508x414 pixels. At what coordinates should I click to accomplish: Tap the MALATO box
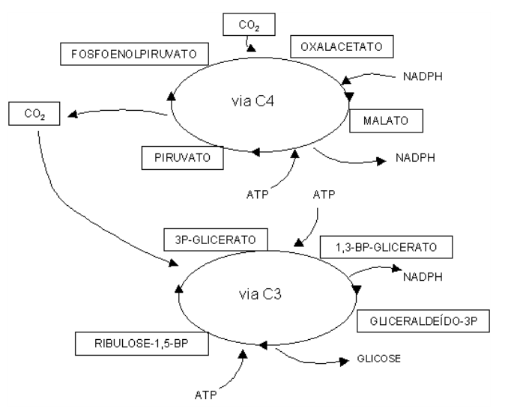pos(385,120)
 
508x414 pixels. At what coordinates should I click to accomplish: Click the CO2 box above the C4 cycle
pos(250,25)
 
